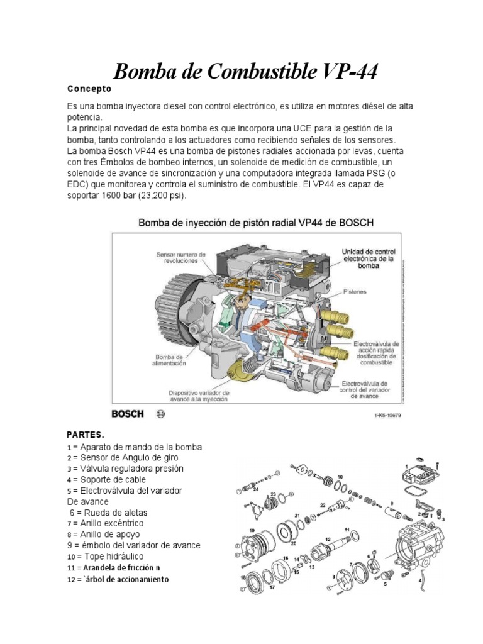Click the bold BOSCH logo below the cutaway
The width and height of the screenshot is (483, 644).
128,414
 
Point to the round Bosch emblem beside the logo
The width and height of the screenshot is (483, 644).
160,414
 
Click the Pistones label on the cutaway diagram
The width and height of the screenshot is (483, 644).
355,292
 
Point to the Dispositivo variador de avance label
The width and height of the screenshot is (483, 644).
198,394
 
